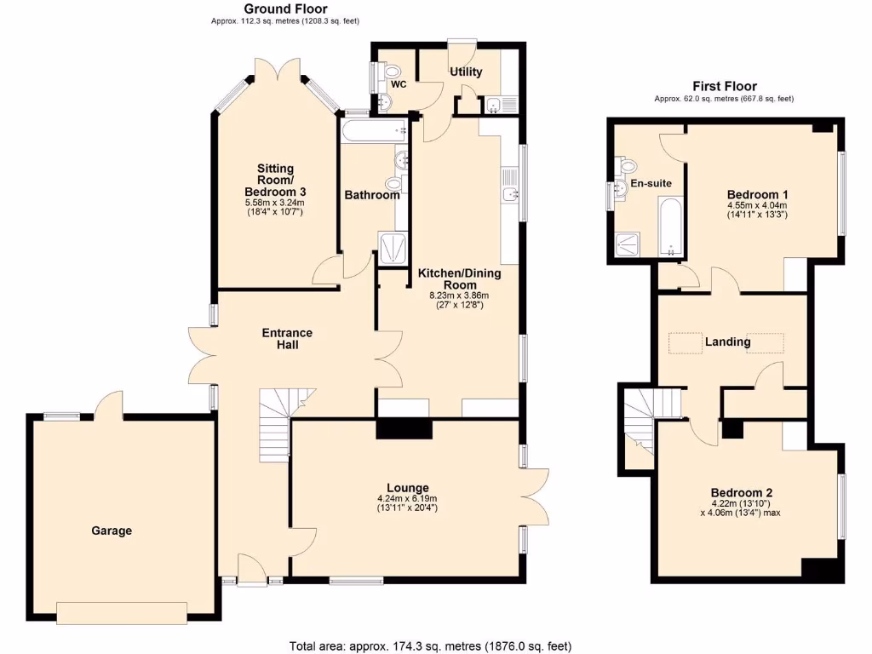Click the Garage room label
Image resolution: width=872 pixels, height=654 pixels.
point(112,531)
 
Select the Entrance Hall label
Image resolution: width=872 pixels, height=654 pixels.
point(287,338)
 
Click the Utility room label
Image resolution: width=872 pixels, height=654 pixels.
point(466,72)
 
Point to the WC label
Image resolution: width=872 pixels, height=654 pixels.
point(399,84)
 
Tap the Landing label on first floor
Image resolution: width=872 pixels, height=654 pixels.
point(726,341)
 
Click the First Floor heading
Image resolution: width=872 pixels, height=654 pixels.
point(724,86)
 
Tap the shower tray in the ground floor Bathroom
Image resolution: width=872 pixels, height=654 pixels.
point(392,248)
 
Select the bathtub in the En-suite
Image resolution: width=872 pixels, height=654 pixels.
point(671,227)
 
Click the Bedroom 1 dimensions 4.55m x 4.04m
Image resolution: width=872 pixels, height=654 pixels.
point(757,205)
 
